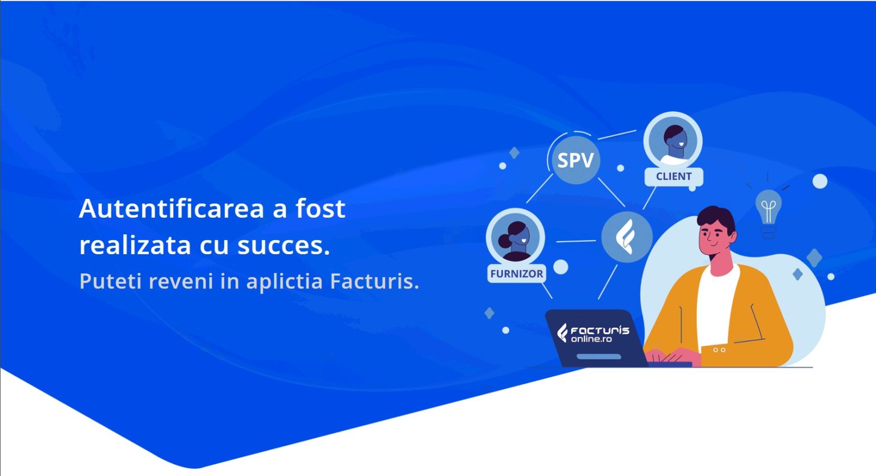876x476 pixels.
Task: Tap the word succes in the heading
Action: pos(283,246)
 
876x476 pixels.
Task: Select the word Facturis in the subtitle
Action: pos(374,281)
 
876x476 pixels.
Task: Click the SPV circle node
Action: pos(575,160)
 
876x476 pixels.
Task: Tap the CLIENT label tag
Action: pos(674,177)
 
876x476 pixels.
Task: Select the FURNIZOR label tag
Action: pos(517,274)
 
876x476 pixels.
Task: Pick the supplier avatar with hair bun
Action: pos(516,238)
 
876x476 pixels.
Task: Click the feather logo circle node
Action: pos(627,237)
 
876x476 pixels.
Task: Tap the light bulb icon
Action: pos(768,213)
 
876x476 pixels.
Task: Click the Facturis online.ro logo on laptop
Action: pos(593,333)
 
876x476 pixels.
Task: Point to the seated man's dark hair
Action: pos(716,219)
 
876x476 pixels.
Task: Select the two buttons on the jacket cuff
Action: pos(719,350)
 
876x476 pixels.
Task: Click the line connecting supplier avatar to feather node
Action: pos(575,241)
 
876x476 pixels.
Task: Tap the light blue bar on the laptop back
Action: pos(599,356)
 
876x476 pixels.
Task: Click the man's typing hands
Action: pos(672,356)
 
